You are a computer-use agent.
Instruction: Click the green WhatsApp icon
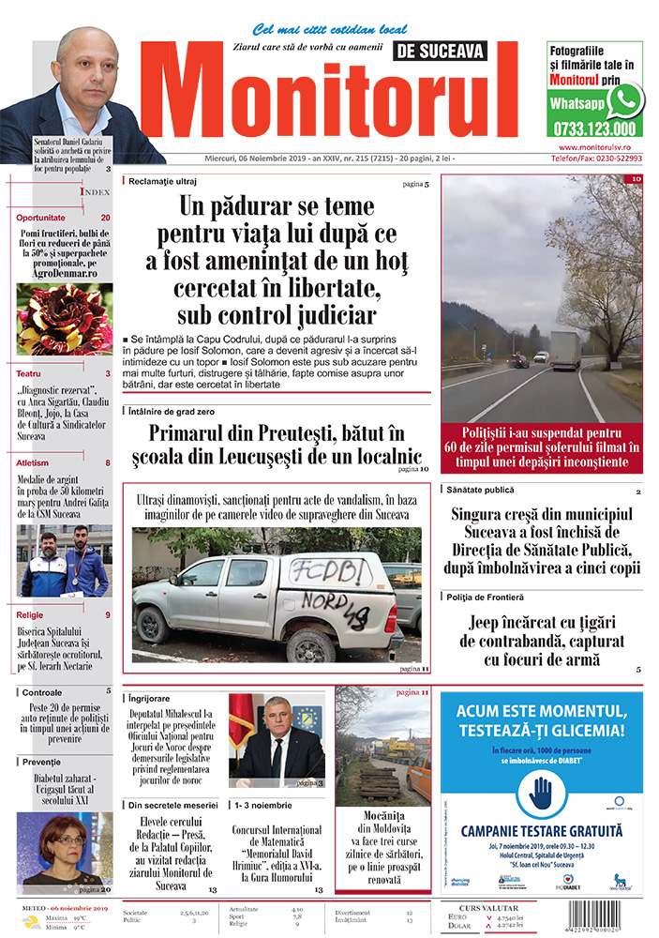click(624, 100)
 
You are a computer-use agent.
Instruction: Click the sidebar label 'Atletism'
click(32, 463)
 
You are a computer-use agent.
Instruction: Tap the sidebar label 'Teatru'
click(28, 374)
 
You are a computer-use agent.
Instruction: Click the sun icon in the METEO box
click(32, 923)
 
